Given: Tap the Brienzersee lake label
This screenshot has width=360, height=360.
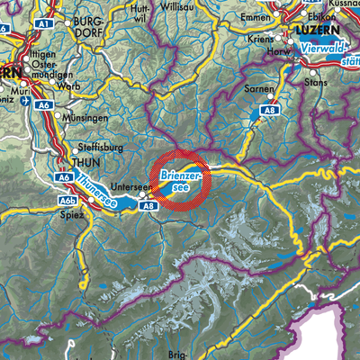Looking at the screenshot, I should [182, 179].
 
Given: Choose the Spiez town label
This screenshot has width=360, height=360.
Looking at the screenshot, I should [74, 217].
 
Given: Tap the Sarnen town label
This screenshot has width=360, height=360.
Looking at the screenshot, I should [258, 92].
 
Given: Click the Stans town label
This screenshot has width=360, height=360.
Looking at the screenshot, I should [325, 91].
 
